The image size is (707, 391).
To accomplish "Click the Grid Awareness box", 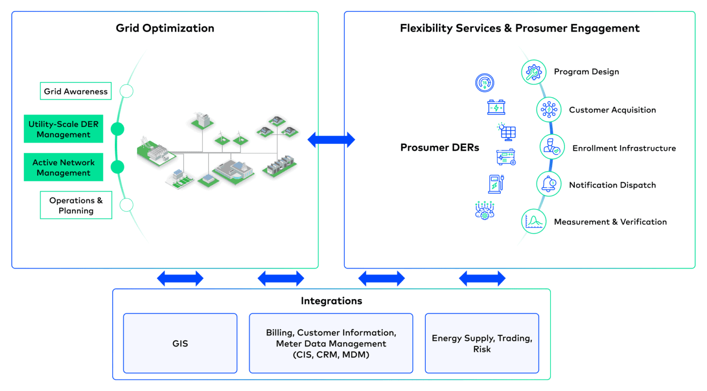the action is coord(76,91).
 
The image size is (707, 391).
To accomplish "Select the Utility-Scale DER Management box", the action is coord(64,129).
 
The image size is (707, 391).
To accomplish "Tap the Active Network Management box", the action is coord(64,167).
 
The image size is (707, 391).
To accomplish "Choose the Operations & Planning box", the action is coord(76,205).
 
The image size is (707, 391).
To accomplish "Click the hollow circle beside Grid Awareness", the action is coord(127,91).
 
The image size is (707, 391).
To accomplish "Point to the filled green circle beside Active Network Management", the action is coord(117,167).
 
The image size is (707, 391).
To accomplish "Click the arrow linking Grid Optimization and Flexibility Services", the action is coord(331,140).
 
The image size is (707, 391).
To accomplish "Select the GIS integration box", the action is coord(180,343).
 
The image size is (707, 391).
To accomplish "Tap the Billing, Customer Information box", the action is coord(331,343).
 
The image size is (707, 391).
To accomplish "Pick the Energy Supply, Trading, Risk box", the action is coord(482,343).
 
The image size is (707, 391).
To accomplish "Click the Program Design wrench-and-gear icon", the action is coord(534,72).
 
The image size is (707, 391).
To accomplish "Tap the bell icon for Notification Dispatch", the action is coord(549,184).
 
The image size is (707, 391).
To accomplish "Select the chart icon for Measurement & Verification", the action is coord(534,221).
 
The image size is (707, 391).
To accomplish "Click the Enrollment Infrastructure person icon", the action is coord(552,147).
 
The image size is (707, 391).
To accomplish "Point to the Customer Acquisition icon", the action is coord(549,109).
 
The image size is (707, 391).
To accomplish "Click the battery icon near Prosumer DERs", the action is coord(496,107).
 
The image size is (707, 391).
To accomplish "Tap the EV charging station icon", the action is coord(496,184).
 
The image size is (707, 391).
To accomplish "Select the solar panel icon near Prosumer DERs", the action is coord(507,132).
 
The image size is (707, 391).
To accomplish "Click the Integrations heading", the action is coord(331,301).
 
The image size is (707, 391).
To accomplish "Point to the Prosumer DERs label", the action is coord(440,147).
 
